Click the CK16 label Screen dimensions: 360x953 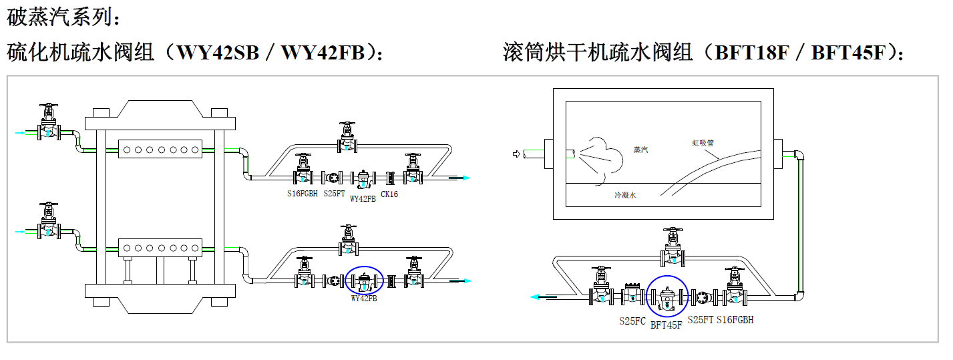[389, 194]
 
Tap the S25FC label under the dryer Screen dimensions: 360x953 [632, 321]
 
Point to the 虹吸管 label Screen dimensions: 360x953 [703, 142]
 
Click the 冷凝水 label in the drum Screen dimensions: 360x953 [626, 195]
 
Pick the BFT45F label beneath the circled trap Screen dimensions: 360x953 [666, 325]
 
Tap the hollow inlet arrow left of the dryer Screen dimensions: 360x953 [516, 154]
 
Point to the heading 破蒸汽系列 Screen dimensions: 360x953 [64, 16]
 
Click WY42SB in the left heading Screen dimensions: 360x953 [217, 52]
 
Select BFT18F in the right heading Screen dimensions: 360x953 [752, 52]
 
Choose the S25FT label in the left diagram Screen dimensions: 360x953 [334, 194]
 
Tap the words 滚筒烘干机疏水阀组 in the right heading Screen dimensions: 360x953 [598, 52]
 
